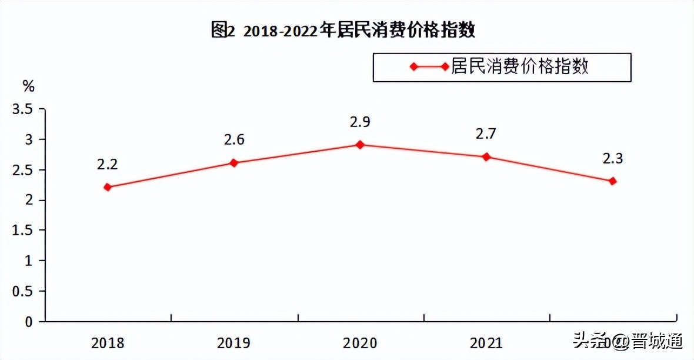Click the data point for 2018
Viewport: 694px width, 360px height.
coord(107,187)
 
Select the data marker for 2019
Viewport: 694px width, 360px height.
coord(233,163)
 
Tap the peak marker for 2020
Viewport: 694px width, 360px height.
coord(360,145)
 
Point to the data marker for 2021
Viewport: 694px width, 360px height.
coord(486,157)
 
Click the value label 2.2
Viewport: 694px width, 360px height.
coord(107,164)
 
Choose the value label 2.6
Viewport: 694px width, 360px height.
coord(233,140)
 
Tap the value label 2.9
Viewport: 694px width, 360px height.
coord(360,122)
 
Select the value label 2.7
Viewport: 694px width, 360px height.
coord(486,134)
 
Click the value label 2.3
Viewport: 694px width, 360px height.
coord(612,158)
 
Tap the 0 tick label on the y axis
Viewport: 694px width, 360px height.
coord(27,322)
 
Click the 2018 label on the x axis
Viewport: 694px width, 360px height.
coord(108,343)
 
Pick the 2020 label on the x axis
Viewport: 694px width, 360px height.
coord(361,343)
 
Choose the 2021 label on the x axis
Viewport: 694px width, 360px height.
coord(486,343)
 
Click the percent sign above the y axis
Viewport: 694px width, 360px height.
coord(28,86)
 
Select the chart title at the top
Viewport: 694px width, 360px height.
coord(343,30)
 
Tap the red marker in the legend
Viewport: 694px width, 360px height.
coord(414,66)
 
